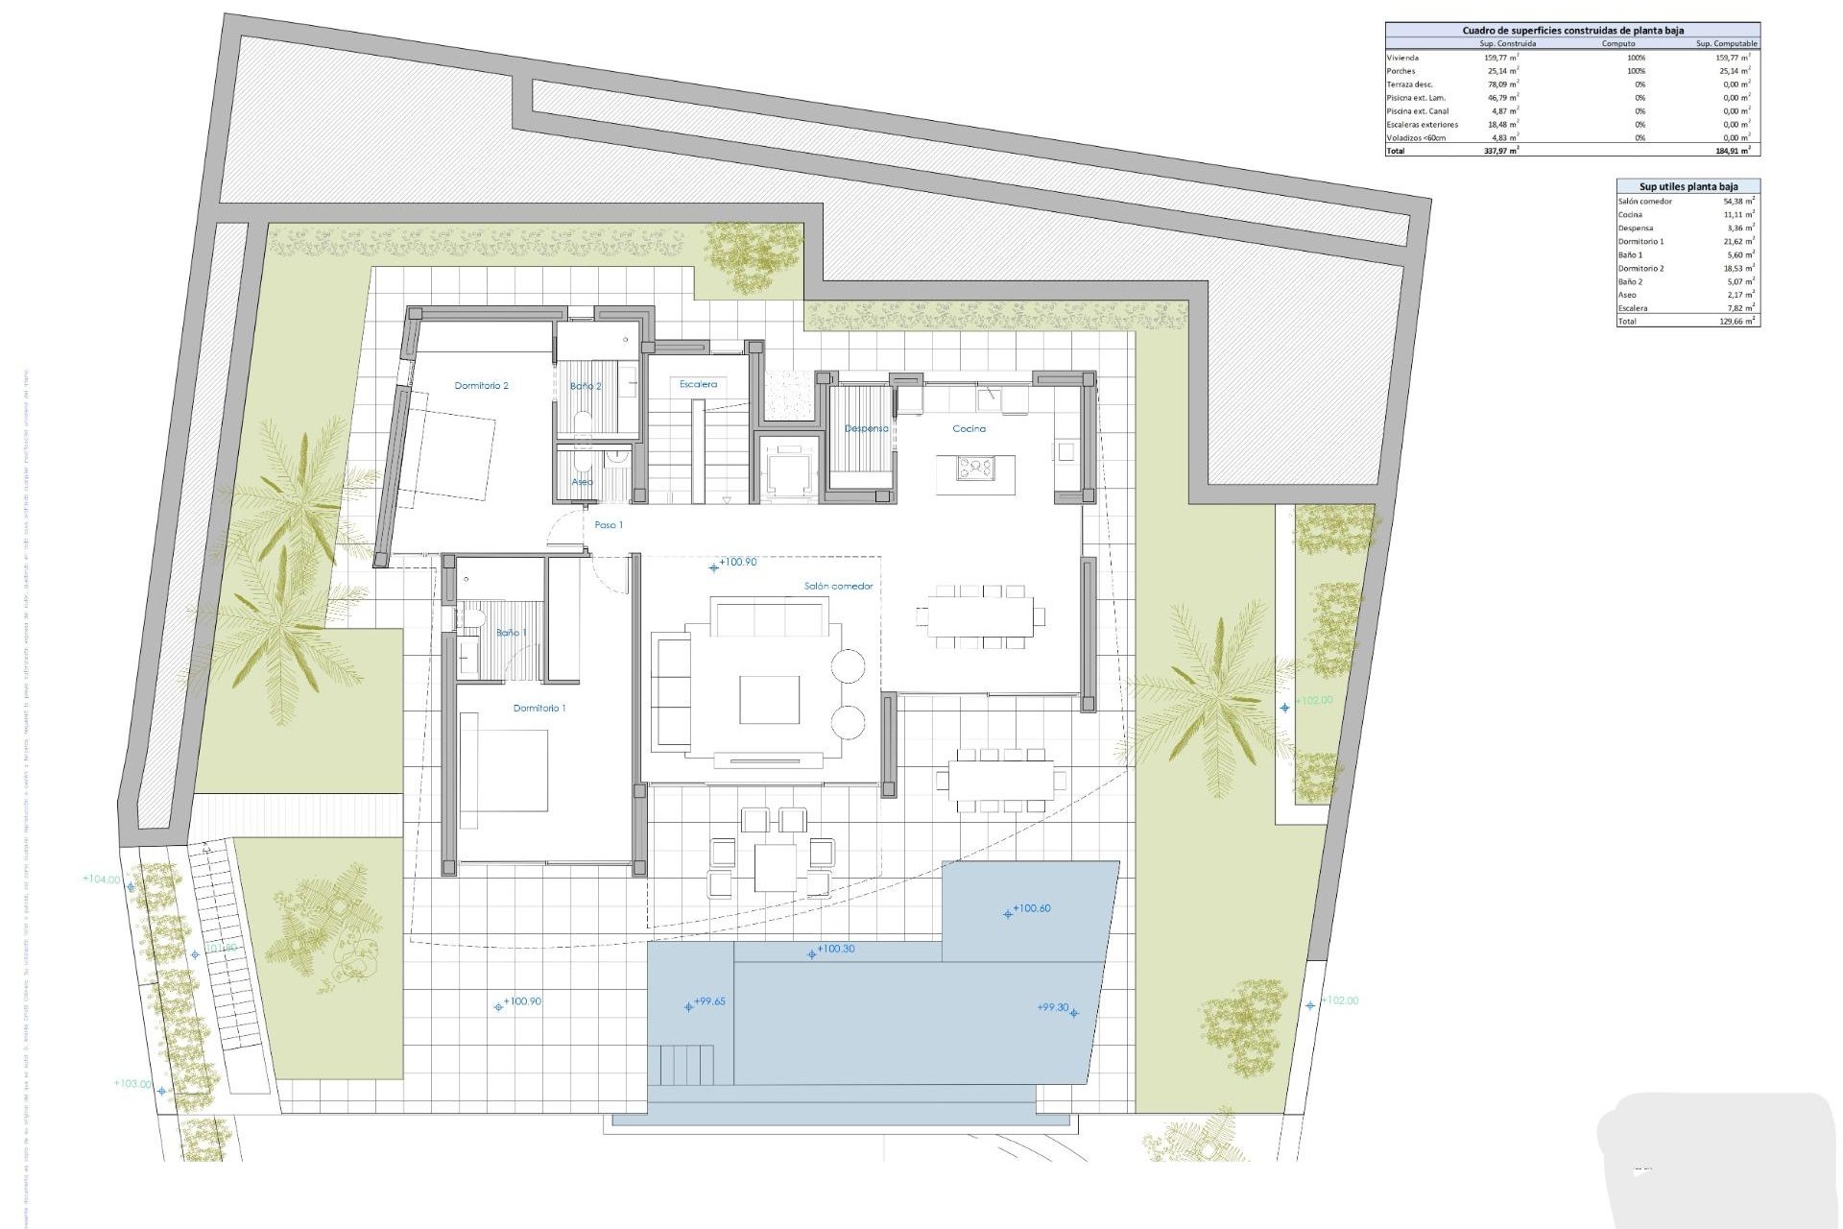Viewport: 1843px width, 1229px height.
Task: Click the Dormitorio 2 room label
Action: click(481, 386)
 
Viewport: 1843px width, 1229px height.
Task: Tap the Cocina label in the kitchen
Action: click(969, 429)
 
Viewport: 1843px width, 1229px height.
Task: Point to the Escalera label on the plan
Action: click(698, 384)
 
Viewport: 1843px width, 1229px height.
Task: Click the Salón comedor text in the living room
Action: click(838, 586)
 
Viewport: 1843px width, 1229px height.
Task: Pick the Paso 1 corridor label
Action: click(608, 525)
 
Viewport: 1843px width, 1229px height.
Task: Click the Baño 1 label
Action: click(511, 633)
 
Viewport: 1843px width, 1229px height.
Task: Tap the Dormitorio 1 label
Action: click(539, 709)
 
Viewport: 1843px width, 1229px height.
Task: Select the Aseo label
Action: click(582, 482)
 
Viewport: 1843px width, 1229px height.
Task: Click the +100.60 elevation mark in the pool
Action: click(1031, 908)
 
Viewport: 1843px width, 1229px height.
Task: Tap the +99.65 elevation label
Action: click(709, 1001)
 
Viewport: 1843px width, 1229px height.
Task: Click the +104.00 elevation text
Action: click(102, 879)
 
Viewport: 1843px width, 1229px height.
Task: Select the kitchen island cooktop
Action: click(975, 469)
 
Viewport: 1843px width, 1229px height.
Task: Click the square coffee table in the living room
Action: click(769, 699)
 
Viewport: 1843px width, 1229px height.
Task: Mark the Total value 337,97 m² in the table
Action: click(1500, 151)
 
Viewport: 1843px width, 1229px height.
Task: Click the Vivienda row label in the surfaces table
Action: click(1402, 58)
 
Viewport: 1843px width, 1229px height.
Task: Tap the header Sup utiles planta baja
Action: click(1687, 186)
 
